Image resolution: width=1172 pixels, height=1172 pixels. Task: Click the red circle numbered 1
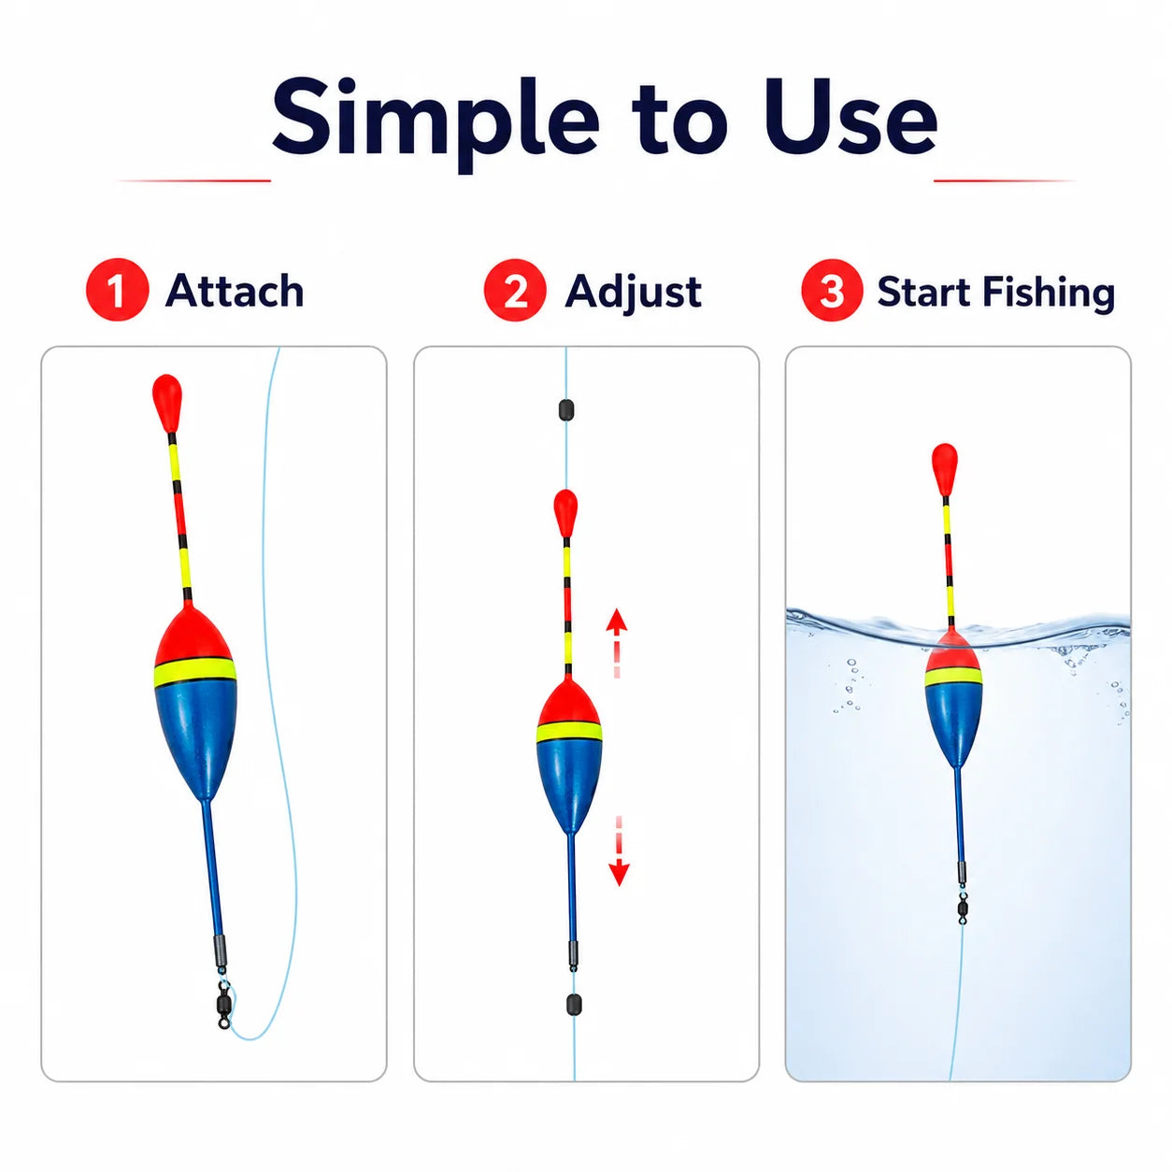click(x=118, y=290)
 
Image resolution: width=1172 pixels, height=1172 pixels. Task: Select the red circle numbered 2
click(x=515, y=290)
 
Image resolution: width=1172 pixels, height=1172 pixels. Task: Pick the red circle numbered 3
click(x=832, y=290)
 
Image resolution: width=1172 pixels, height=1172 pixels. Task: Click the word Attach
click(x=235, y=290)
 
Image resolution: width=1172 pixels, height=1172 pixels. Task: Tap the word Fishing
click(x=1049, y=293)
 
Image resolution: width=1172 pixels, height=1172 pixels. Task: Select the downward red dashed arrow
click(x=619, y=850)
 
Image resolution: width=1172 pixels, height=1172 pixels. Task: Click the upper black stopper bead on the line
click(x=565, y=410)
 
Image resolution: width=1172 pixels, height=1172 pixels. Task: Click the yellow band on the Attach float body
click(x=195, y=671)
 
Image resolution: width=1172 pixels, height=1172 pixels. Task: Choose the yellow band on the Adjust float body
click(x=569, y=733)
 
